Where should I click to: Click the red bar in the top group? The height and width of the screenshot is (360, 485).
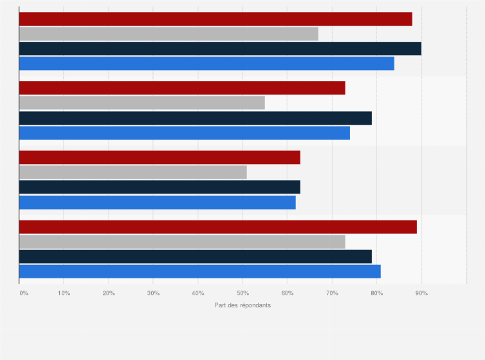215,19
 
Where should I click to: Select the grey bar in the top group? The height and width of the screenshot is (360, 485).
169,34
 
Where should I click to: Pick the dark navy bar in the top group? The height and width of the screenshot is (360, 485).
220,49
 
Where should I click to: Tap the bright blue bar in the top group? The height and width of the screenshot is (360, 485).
206,63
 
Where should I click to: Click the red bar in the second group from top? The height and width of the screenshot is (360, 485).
182,88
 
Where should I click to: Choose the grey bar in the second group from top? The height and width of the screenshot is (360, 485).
142,103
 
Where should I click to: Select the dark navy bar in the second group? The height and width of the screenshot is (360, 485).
196,118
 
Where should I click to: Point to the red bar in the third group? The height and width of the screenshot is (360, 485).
160,157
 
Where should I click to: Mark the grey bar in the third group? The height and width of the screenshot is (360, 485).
133,172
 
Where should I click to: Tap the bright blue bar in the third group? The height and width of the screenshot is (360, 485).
158,203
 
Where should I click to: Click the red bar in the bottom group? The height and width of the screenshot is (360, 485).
218,227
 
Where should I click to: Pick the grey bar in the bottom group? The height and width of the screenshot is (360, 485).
182,242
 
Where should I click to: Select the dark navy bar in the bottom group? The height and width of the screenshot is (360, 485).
196,256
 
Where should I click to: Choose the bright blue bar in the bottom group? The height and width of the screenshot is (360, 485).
200,271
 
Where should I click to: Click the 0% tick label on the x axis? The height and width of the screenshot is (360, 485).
24,293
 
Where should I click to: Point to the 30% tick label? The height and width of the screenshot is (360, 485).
153,293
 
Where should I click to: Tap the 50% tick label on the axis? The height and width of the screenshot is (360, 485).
243,293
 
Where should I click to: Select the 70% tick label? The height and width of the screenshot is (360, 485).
332,293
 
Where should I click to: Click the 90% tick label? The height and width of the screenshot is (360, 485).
421,293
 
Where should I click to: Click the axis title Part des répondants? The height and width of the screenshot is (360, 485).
243,305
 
